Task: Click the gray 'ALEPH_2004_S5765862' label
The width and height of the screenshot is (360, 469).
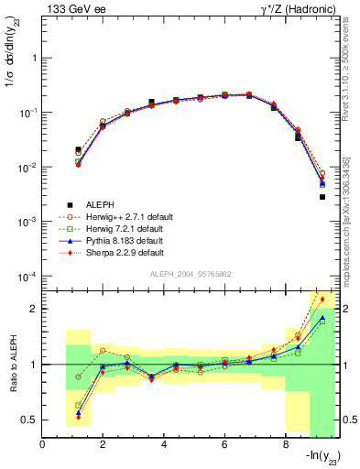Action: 191,275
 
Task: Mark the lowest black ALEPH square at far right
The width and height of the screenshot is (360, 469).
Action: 322,197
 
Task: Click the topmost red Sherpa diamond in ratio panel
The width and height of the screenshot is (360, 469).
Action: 322,299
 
